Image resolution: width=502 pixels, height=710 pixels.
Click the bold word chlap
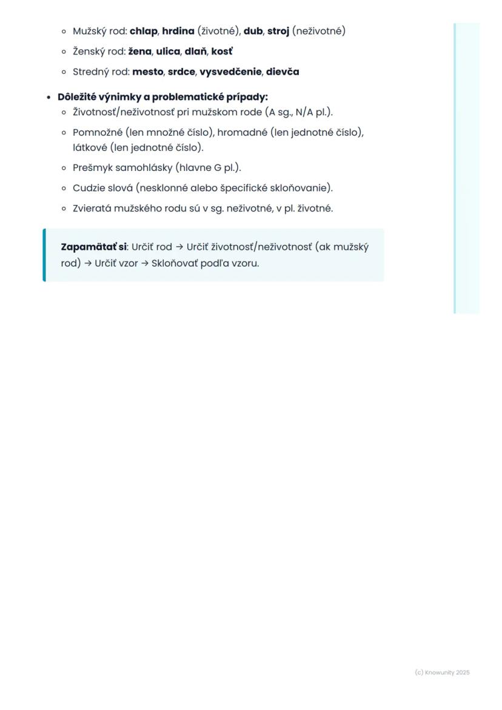click(143, 31)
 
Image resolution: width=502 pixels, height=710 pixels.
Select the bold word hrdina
click(178, 31)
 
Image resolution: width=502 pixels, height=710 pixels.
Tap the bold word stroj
click(278, 31)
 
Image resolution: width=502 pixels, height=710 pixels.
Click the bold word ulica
click(168, 52)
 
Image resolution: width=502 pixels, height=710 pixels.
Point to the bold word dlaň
click(196, 52)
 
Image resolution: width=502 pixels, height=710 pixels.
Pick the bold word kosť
click(222, 52)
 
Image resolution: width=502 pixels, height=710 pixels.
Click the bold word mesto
click(147, 72)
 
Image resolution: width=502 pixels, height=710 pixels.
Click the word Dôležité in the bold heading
click(78, 97)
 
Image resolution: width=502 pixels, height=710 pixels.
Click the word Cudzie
click(89, 188)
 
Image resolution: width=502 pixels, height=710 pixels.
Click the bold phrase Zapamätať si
click(93, 247)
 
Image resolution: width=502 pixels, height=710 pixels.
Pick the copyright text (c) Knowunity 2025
click(442, 672)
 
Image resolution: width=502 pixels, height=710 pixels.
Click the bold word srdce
click(181, 72)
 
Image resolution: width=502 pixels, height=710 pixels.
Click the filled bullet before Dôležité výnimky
click(49, 98)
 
